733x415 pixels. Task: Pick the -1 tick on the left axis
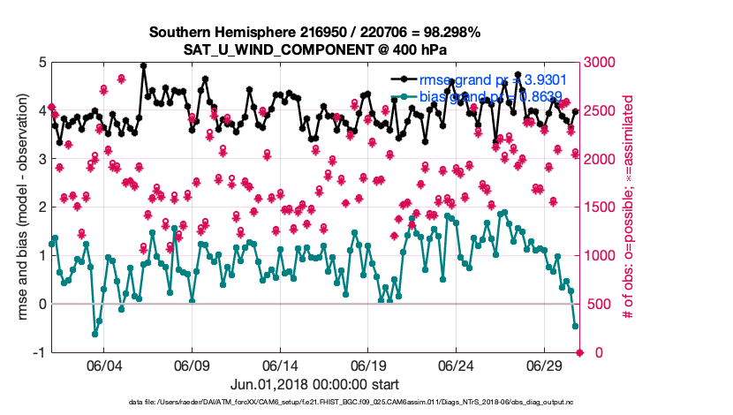tap(38, 352)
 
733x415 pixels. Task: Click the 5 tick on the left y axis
tap(42, 63)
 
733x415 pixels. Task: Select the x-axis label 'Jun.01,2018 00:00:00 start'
tap(314, 384)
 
